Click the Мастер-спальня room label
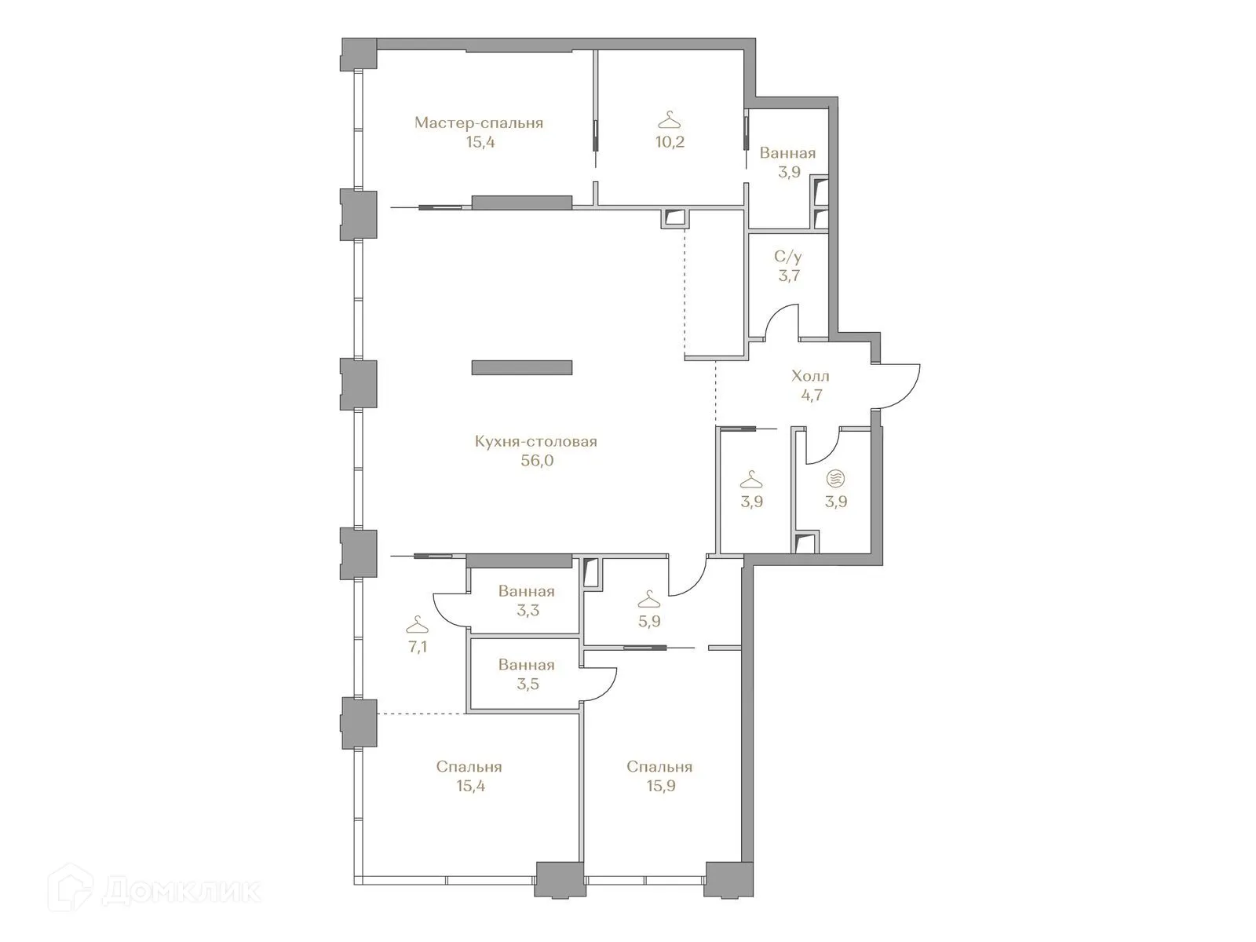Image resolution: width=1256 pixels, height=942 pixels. [x=479, y=123]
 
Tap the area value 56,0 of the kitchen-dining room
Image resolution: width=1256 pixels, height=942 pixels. [x=537, y=461]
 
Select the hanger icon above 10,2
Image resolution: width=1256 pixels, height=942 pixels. [x=669, y=121]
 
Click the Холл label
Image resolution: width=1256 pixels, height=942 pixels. [x=810, y=376]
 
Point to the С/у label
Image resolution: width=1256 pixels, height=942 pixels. [x=788, y=257]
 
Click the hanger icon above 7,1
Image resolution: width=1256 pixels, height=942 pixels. [x=418, y=626]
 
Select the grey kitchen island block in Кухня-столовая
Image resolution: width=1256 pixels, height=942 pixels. [x=521, y=367]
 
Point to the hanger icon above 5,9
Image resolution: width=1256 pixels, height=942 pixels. [x=648, y=601]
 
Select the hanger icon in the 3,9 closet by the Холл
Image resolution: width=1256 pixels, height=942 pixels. [x=751, y=479]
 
